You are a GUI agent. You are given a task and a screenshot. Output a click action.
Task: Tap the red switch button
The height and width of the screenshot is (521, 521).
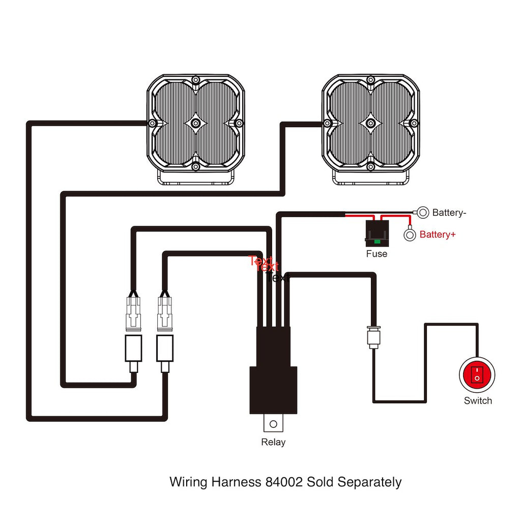click(477, 375)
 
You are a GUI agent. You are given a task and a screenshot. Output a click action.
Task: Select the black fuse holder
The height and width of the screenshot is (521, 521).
click(377, 232)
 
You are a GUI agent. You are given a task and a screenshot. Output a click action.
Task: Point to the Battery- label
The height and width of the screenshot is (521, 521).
click(449, 213)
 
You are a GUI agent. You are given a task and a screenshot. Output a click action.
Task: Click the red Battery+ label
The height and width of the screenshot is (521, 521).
click(437, 235)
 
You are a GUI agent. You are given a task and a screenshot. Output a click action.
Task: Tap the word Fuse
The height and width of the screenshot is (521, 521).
click(377, 253)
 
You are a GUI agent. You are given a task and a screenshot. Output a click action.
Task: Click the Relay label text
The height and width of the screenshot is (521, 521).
click(273, 442)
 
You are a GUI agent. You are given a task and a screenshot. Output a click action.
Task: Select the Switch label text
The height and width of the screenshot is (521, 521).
click(478, 400)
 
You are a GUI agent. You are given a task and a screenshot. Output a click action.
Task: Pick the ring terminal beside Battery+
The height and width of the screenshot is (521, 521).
click(410, 235)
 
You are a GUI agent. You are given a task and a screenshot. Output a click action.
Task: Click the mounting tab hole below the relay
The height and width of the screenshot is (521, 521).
click(273, 423)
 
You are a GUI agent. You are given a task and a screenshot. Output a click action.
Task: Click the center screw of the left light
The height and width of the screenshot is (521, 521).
click(195, 124)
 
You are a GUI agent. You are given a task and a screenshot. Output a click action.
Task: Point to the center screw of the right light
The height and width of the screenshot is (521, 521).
click(370, 124)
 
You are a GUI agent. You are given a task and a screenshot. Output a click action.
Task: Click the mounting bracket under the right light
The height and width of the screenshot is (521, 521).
click(370, 178)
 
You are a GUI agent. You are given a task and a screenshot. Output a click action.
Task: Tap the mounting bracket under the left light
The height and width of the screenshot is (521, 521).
click(195, 179)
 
